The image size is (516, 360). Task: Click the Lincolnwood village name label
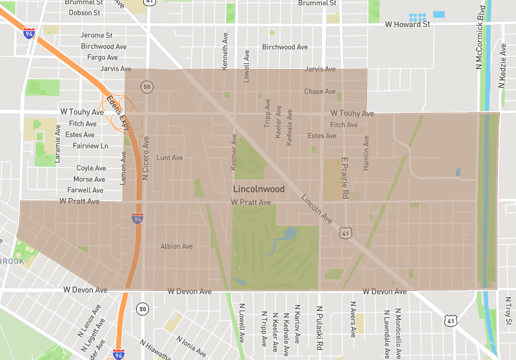click(258, 189)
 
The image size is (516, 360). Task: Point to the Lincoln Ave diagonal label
click(317, 208)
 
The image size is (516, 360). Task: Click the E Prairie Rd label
click(345, 178)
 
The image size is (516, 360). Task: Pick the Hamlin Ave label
click(366, 152)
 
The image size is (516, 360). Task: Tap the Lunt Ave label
click(170, 157)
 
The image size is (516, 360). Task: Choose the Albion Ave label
click(177, 246)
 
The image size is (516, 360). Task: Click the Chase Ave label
click(320, 92)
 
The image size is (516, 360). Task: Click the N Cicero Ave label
click(146, 157)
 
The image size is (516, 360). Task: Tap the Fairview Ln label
click(90, 146)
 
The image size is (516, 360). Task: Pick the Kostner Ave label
click(234, 152)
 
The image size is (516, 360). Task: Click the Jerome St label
click(97, 35)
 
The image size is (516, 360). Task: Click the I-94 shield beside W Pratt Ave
click(137, 219)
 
